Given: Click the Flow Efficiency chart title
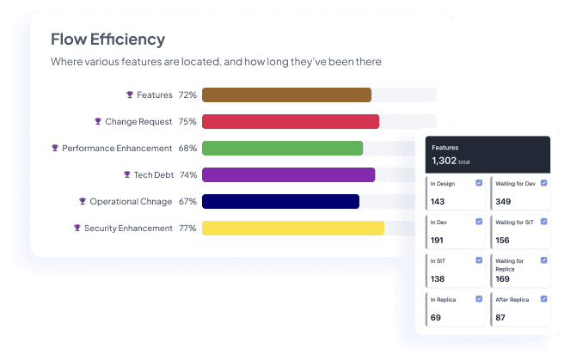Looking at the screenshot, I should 107,40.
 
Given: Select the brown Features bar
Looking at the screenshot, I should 286,95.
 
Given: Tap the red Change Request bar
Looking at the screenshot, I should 291,122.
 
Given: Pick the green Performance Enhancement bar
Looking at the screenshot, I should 282,149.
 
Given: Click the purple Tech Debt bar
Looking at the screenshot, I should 288,175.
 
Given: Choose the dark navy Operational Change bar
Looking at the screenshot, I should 280,202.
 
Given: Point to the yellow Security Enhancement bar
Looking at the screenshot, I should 292,229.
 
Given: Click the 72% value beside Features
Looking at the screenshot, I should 187,95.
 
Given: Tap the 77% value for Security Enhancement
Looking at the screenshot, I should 187,229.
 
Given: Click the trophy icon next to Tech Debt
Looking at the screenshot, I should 126,175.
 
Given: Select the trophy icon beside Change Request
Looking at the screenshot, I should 98,122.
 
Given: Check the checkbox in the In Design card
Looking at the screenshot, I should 479,183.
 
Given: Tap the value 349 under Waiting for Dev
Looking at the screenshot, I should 505,202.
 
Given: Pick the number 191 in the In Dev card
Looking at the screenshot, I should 438,241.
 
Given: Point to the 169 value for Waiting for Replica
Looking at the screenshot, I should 504,279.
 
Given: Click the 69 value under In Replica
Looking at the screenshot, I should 436,318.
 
